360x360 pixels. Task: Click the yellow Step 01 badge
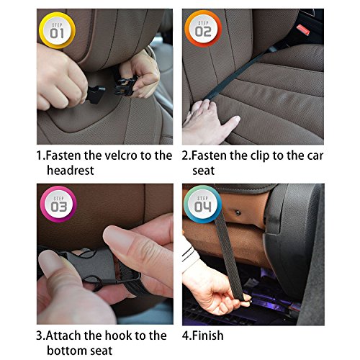pos(57,30)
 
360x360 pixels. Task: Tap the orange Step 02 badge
pos(203,29)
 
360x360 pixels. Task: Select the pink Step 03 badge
pos(58,204)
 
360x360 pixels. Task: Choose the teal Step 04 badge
pos(202,204)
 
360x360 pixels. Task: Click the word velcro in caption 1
pos(122,156)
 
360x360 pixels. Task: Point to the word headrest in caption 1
pos(71,171)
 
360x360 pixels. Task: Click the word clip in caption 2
pos(260,156)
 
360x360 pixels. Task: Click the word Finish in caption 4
pos(208,336)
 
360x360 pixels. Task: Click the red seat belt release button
pos(303,30)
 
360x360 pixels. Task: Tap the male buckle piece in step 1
pos(95,94)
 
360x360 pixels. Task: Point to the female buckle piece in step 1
pos(125,85)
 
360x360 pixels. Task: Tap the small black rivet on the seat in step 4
pos(238,212)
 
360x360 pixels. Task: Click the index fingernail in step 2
pos(237,119)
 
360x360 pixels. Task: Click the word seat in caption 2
pos(203,171)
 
